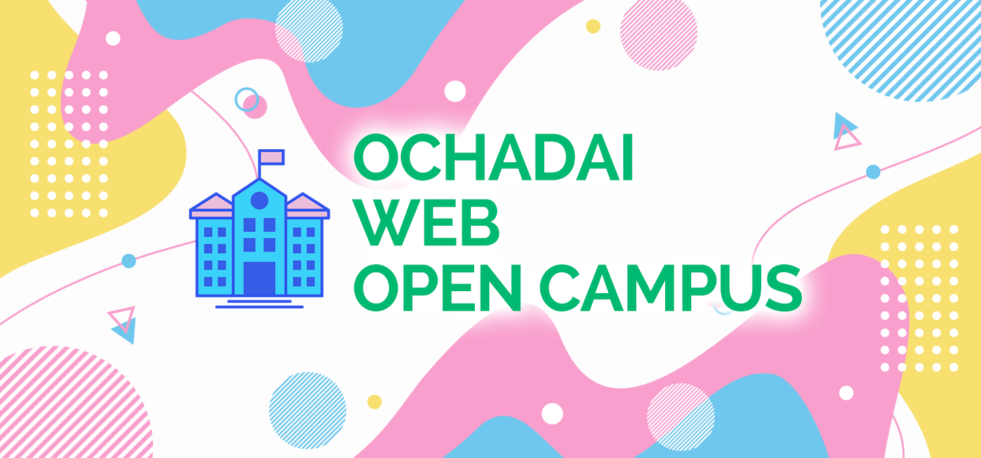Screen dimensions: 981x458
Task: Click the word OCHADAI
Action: [493, 156]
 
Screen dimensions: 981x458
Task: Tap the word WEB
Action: [428, 222]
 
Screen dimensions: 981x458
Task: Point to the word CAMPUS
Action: [670, 287]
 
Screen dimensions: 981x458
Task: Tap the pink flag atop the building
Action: [271, 157]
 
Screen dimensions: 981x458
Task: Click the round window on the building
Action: [259, 201]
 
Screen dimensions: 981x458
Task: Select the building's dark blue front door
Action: [260, 278]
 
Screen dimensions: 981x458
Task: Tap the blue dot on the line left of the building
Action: [129, 261]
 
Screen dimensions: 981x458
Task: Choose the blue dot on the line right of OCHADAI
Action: [873, 172]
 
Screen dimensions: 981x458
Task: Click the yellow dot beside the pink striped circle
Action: [593, 26]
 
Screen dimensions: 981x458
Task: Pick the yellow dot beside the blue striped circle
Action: [375, 402]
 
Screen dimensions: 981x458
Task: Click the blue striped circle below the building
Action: [308, 410]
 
